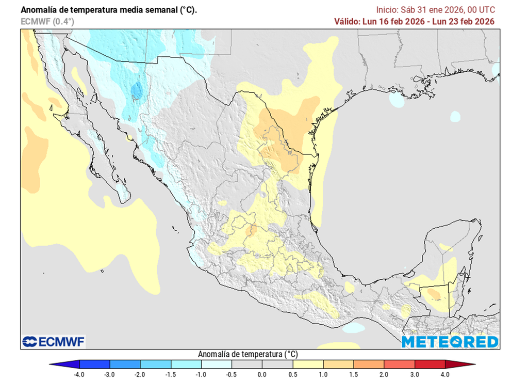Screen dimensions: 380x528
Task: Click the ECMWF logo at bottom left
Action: click(54, 341)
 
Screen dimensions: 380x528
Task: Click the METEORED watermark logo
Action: click(450, 342)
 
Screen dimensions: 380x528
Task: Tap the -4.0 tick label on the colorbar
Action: click(79, 374)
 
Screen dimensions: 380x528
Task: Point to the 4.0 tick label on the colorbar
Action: click(445, 374)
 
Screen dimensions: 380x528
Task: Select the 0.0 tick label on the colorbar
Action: click(262, 374)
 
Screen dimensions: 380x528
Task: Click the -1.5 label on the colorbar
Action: click(170, 374)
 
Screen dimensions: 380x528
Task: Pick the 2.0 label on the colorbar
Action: click(384, 374)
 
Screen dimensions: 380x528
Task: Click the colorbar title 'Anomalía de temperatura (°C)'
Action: click(247, 354)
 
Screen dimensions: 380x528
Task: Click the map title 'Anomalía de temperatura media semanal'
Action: click(108, 10)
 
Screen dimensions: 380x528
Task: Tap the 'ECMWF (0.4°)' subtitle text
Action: click(47, 21)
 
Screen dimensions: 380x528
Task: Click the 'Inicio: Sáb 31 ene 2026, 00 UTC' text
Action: click(435, 10)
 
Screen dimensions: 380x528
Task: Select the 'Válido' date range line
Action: click(414, 21)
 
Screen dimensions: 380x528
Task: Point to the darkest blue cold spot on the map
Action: click(137, 91)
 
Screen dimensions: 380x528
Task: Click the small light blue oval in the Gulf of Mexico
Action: click(455, 116)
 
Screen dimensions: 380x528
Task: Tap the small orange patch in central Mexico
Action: click(251, 230)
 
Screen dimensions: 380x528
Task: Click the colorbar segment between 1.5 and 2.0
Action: click(369, 365)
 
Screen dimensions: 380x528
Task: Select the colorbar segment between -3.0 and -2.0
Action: click(125, 365)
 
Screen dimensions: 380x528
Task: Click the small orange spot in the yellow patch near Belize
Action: click(434, 295)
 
